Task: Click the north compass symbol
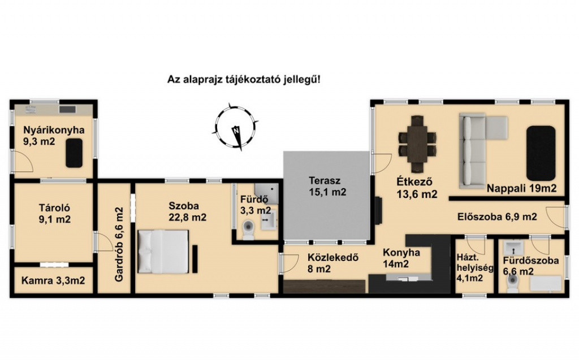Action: click(x=235, y=127)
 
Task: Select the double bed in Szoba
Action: click(x=163, y=251)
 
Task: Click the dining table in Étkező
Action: click(x=417, y=144)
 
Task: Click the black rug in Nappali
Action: click(x=541, y=153)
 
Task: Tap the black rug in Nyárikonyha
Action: click(x=74, y=153)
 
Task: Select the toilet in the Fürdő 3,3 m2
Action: click(x=248, y=229)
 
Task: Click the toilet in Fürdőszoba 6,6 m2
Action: click(x=513, y=283)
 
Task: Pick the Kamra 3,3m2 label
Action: click(x=53, y=281)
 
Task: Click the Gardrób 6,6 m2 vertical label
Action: click(x=119, y=245)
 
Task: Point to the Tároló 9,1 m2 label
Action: click(x=55, y=214)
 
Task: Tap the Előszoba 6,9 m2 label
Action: click(x=497, y=217)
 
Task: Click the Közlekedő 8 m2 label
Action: click(x=332, y=263)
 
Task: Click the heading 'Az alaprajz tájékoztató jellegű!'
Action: click(x=244, y=79)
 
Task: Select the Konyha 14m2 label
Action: click(x=401, y=258)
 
